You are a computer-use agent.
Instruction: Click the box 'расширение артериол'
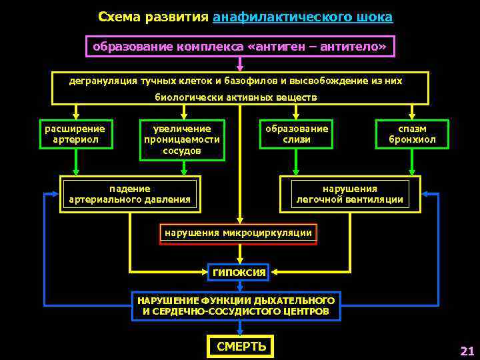(75, 134)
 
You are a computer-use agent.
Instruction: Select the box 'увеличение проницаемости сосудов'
(182, 140)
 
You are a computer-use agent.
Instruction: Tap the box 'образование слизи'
(297, 134)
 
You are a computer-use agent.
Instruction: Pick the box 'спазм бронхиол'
(412, 134)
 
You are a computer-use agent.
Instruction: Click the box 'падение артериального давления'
(129, 194)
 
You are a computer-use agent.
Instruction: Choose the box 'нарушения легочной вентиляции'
(350, 194)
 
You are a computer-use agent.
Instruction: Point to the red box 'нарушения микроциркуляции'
(238, 233)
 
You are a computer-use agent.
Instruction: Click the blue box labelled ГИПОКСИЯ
(239, 272)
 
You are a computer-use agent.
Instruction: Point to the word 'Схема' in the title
(117, 17)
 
